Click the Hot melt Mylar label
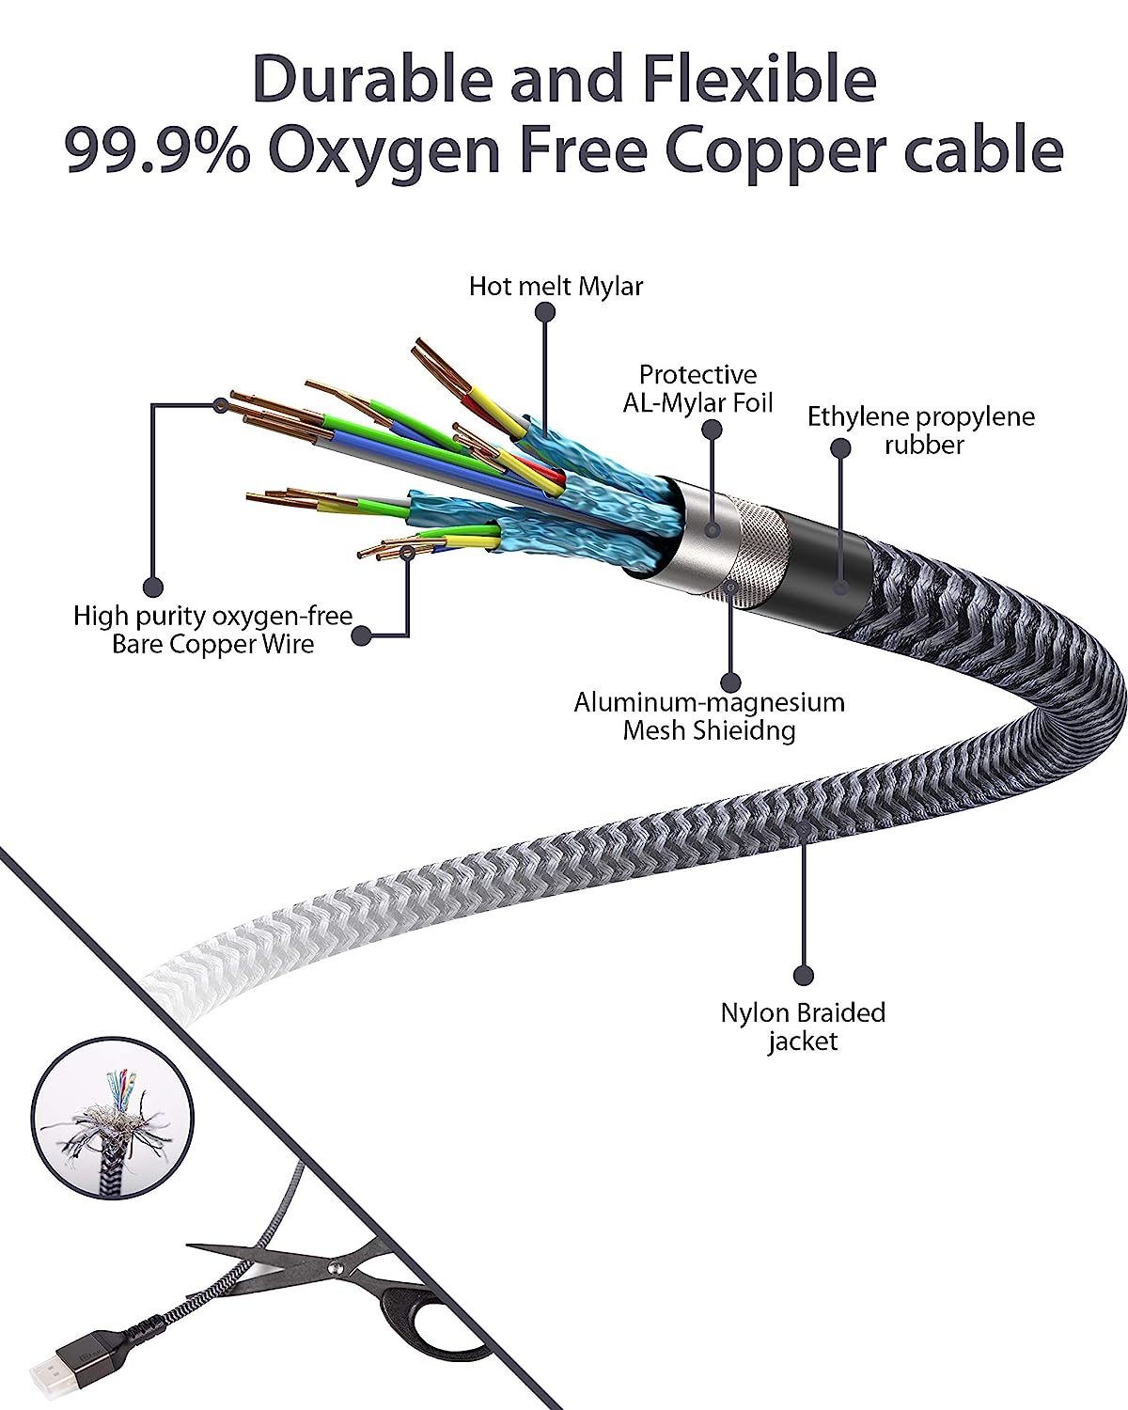coord(556,286)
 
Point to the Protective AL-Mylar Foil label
coord(697,388)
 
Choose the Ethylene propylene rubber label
coord(920,430)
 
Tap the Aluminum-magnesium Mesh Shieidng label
coord(709,716)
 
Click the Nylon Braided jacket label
coord(803,1026)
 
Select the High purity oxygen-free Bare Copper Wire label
coord(213,630)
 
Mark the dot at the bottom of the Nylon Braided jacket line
coord(803,975)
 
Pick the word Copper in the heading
coord(803,150)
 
